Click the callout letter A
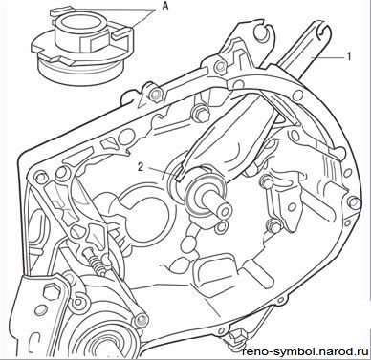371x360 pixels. tap(164, 6)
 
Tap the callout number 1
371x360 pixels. tap(348, 56)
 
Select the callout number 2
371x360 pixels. tap(141, 167)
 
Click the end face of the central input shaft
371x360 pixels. tap(224, 212)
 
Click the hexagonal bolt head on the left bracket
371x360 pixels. tap(53, 291)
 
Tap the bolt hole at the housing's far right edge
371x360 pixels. tap(353, 202)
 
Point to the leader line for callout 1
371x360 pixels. tap(328, 57)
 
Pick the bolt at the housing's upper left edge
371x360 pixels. tap(155, 94)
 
